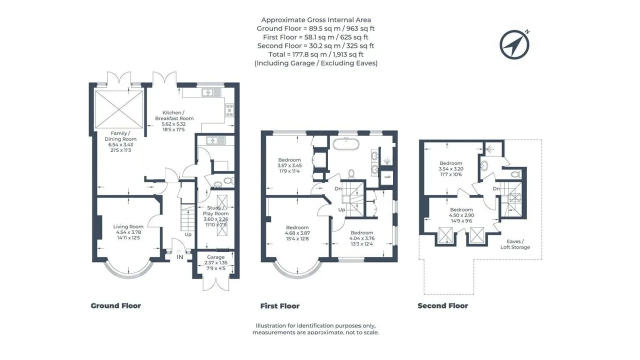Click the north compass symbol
514,45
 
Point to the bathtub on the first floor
345,144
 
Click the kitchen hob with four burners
229,110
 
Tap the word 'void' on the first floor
387,177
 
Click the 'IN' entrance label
179,257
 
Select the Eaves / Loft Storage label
515,244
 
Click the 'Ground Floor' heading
115,305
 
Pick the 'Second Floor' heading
442,305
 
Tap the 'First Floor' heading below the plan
279,306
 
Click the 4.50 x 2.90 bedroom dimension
461,215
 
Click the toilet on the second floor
515,174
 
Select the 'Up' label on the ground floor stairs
188,234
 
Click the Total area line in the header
315,54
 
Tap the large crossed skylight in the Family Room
119,109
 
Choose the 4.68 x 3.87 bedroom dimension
297,233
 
